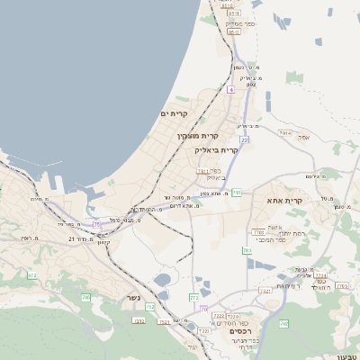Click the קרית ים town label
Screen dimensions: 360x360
tap(173, 113)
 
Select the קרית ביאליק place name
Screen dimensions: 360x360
tap(217, 149)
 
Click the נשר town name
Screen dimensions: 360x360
tap(133, 297)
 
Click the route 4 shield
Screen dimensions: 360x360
tap(230, 90)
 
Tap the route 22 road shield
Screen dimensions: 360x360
tap(244, 139)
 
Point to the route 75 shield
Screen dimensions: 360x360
tap(96, 224)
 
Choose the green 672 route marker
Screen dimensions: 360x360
tap(32, 275)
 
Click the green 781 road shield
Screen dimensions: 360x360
tap(237, 193)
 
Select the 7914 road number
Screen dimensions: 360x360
tap(285, 133)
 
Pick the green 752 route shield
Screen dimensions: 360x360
tap(149, 307)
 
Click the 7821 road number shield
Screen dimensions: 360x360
tap(265, 291)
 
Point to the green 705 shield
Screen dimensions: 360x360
tap(86, 297)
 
